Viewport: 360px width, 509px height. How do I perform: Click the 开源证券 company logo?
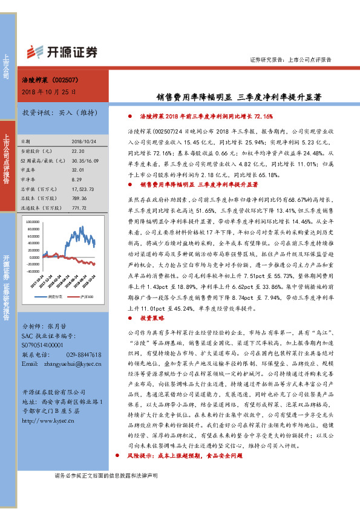coord(63,52)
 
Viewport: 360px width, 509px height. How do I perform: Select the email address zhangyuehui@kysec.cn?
coord(69,365)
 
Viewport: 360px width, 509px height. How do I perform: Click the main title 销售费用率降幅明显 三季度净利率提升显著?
coord(236,96)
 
